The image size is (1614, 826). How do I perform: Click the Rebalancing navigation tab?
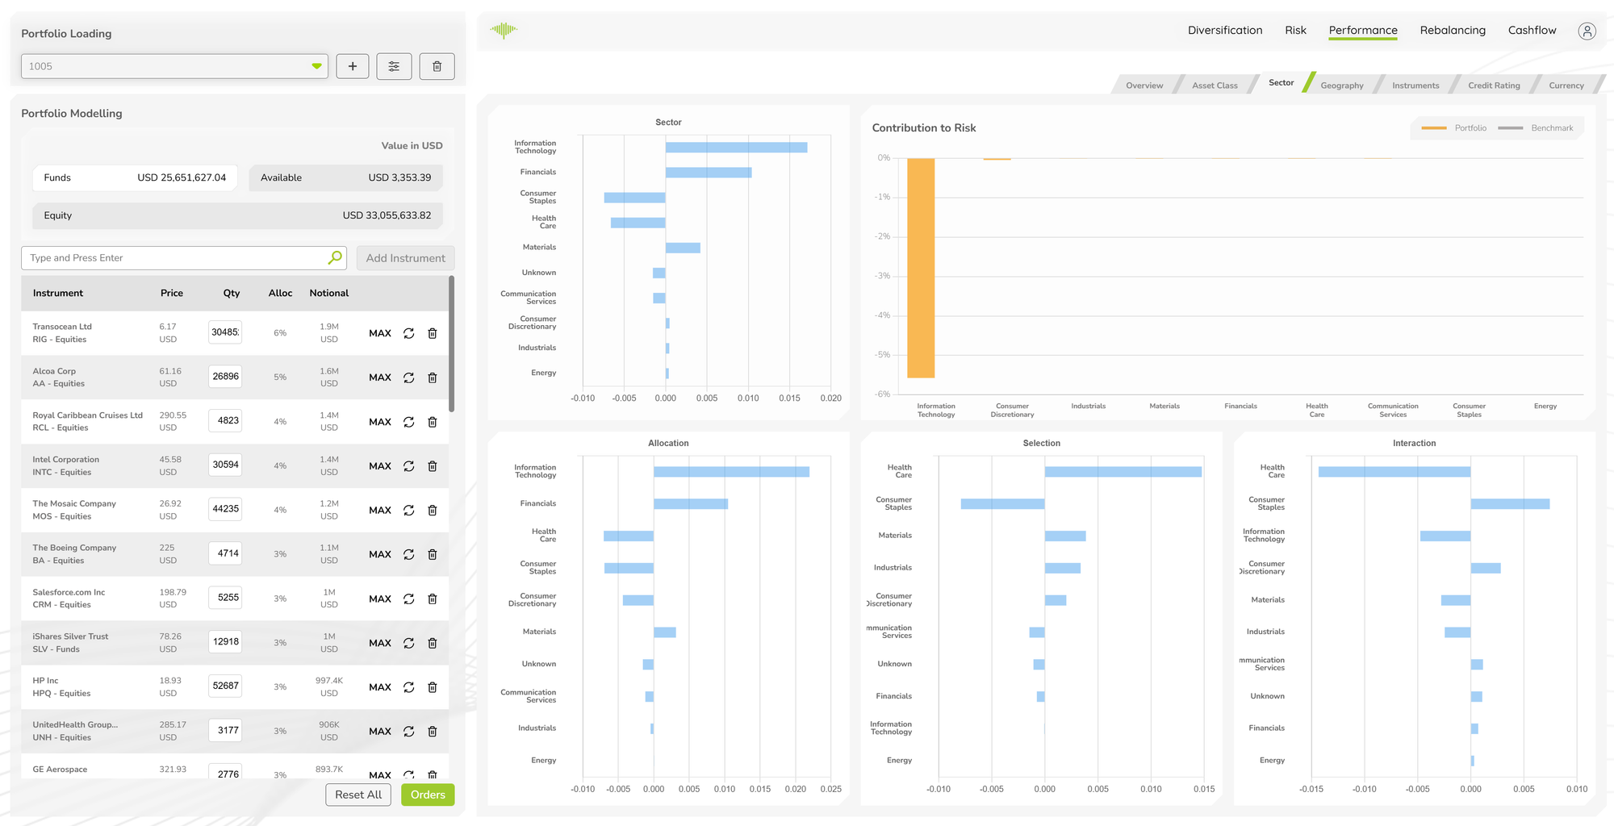[x=1453, y=31]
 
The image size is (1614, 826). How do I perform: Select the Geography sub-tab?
[x=1341, y=86]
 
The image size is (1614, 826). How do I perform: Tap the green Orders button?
[x=428, y=795]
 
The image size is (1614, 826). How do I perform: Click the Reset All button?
[x=358, y=795]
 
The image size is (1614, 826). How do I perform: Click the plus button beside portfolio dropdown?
[x=353, y=66]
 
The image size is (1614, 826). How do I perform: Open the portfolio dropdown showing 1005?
[x=174, y=66]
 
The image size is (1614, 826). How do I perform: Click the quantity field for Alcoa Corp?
[x=225, y=377]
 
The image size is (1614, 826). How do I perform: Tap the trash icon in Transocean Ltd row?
[x=433, y=333]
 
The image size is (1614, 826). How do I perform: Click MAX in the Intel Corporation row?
[x=379, y=466]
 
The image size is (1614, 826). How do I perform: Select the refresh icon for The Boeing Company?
[x=409, y=554]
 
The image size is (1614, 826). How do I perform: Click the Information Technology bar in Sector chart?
[x=736, y=148]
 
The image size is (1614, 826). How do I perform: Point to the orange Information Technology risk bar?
[x=921, y=268]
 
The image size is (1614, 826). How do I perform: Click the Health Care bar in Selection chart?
[x=1123, y=472]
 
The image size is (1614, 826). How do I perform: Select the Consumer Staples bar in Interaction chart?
[x=1509, y=504]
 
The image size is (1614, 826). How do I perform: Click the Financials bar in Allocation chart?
[x=691, y=504]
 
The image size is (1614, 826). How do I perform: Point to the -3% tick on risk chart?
[x=884, y=276]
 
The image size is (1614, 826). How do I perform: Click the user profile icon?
[x=1587, y=31]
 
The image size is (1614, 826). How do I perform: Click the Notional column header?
[x=329, y=294]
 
